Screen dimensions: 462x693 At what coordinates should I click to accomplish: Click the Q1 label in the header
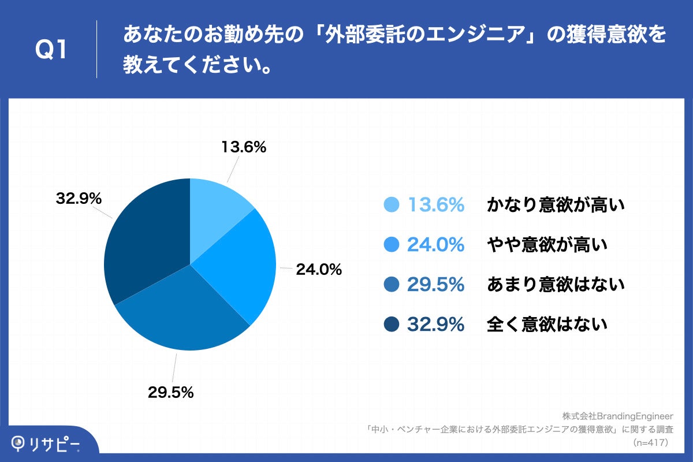click(x=51, y=50)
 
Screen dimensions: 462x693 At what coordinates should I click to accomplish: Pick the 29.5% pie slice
click(x=185, y=312)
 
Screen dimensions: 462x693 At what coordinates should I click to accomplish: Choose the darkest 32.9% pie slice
click(x=144, y=243)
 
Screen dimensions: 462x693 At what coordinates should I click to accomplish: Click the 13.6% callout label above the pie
click(x=244, y=147)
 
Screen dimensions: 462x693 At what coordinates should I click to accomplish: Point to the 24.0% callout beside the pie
click(x=319, y=269)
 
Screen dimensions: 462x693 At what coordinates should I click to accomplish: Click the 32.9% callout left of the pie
click(x=79, y=199)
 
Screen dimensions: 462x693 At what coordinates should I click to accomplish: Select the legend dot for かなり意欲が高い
click(x=392, y=205)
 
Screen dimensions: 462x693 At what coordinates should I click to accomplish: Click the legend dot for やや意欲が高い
click(x=392, y=245)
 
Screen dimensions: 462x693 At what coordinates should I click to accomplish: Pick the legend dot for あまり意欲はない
click(x=392, y=285)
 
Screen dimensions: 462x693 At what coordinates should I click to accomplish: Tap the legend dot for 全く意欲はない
click(x=392, y=325)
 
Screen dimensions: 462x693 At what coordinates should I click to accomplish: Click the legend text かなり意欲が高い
click(x=556, y=205)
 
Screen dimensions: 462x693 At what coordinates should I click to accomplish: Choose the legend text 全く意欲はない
click(x=547, y=325)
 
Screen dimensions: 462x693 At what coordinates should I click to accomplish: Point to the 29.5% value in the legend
click(x=436, y=285)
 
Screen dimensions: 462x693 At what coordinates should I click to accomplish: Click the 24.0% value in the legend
click(x=436, y=245)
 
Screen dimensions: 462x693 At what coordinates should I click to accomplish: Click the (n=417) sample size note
click(x=650, y=443)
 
